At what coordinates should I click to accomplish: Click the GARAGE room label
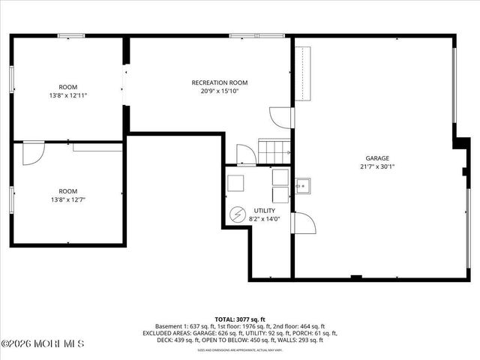[x=377, y=158]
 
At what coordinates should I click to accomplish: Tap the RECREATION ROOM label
[x=220, y=82]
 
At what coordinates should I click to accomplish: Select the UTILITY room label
[x=265, y=211]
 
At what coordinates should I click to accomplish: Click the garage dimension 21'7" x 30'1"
[x=377, y=166]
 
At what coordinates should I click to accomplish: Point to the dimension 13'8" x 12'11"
[x=68, y=95]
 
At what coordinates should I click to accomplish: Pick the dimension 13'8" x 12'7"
[x=68, y=199]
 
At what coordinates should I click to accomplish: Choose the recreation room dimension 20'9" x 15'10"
[x=220, y=91]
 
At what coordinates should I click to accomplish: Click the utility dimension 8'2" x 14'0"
[x=265, y=219]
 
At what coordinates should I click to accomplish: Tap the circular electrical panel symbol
[x=237, y=215]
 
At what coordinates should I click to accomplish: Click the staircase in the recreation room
[x=274, y=149]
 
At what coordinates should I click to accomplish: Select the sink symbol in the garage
[x=302, y=185]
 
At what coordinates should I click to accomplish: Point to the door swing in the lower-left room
[x=33, y=153]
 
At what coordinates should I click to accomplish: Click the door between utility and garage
[x=303, y=222]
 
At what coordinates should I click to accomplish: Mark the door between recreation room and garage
[x=282, y=118]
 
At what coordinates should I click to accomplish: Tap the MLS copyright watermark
[x=43, y=343]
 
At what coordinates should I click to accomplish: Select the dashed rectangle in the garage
[x=302, y=73]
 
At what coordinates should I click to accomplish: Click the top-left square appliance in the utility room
[x=235, y=181]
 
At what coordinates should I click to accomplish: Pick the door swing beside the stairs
[x=246, y=154]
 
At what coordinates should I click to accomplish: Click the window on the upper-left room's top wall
[x=71, y=35]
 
